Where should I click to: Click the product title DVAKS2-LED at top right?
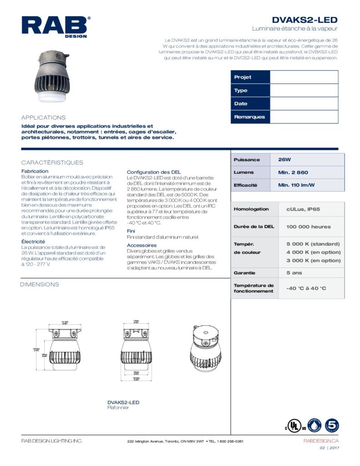tap(304, 20)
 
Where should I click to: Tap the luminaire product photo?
tap(53, 77)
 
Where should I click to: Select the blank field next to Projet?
tap(304, 77)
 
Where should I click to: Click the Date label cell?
tap(250, 104)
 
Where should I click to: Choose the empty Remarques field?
tap(304, 117)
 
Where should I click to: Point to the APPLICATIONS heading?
tap(44, 117)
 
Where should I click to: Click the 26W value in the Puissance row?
tap(284, 160)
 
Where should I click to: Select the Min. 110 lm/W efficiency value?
tap(296, 185)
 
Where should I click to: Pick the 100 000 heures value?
tap(308, 227)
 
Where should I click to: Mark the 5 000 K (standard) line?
tap(313, 243)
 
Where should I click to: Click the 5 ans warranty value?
tap(294, 273)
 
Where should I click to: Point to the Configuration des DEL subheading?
tap(153, 172)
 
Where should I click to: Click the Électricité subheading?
tap(33, 241)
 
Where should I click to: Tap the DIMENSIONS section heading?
tap(40, 284)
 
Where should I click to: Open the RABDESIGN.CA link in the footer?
tap(321, 441)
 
